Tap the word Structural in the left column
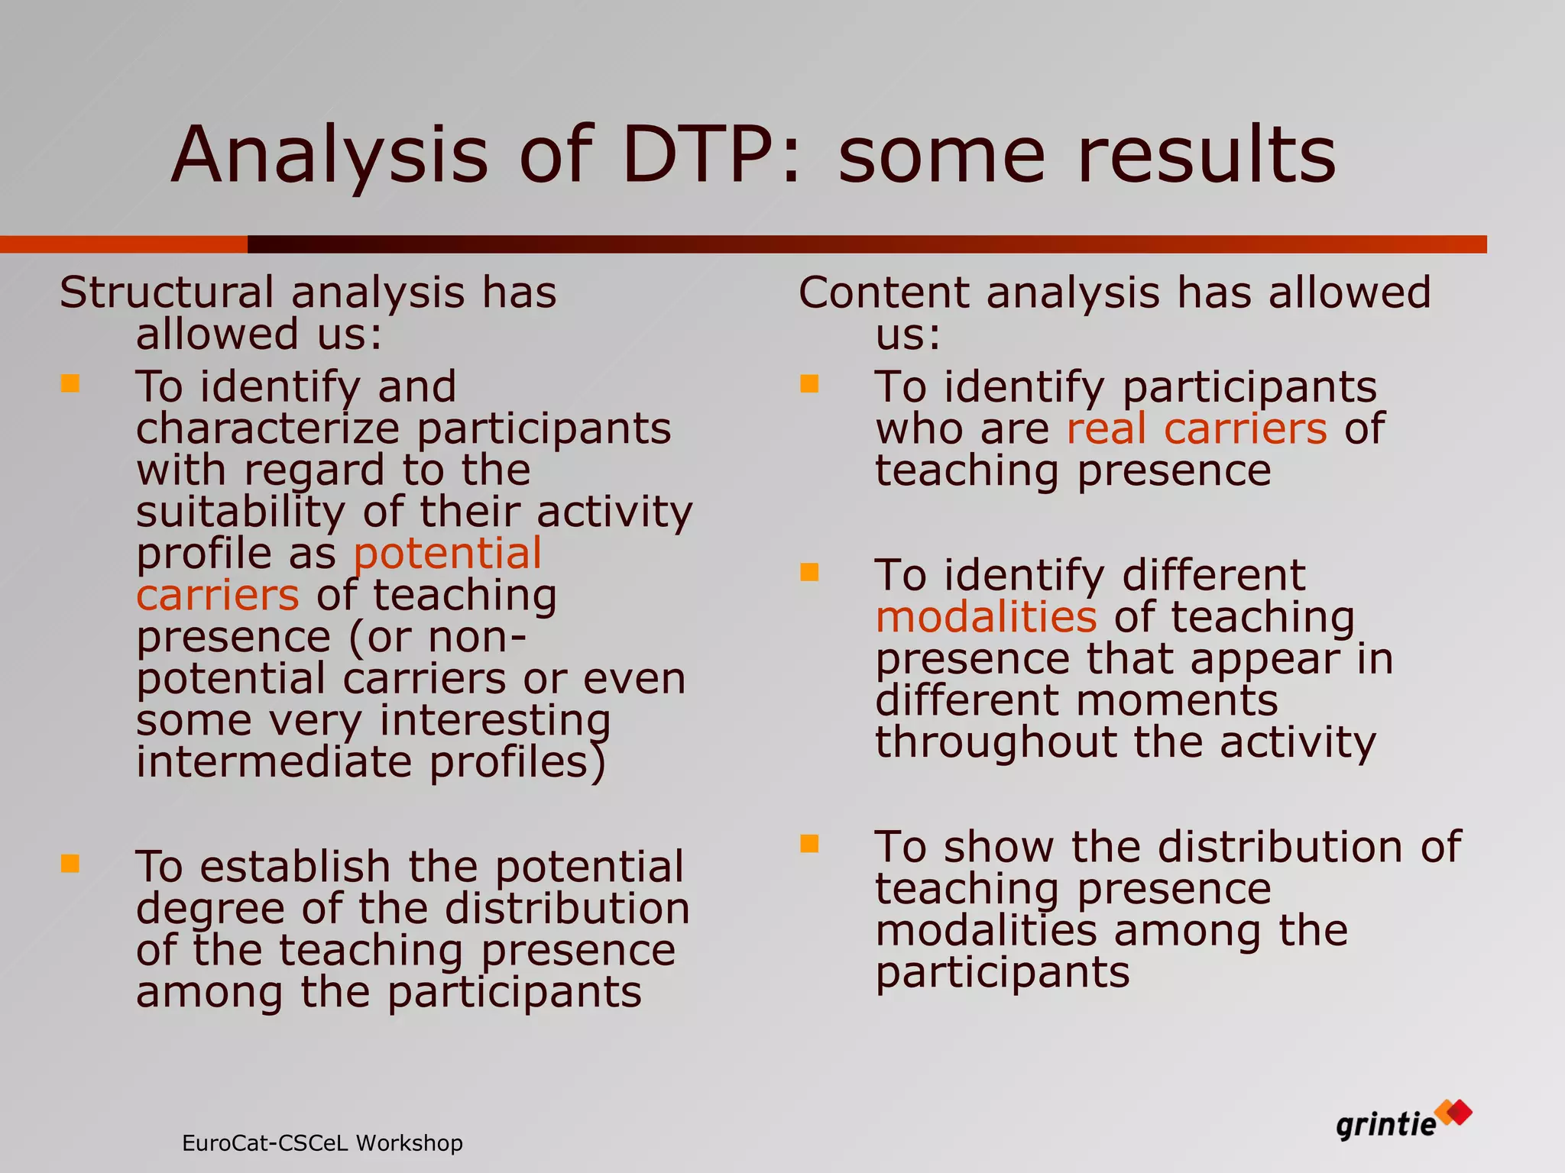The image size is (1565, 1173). pos(167,292)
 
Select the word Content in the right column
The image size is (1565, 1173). pos(884,292)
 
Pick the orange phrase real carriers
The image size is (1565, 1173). pos(1196,428)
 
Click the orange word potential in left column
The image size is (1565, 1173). pos(447,554)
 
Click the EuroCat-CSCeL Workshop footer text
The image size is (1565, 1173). pos(322,1143)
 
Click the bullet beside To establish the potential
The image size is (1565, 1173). pos(70,864)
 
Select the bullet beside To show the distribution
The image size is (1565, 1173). pos(809,843)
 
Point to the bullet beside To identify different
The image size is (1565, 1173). pos(809,572)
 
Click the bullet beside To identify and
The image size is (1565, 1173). pos(70,383)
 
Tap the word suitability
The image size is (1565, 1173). pos(241,512)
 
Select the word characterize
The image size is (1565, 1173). pos(267,428)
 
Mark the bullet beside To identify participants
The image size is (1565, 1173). pos(809,383)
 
